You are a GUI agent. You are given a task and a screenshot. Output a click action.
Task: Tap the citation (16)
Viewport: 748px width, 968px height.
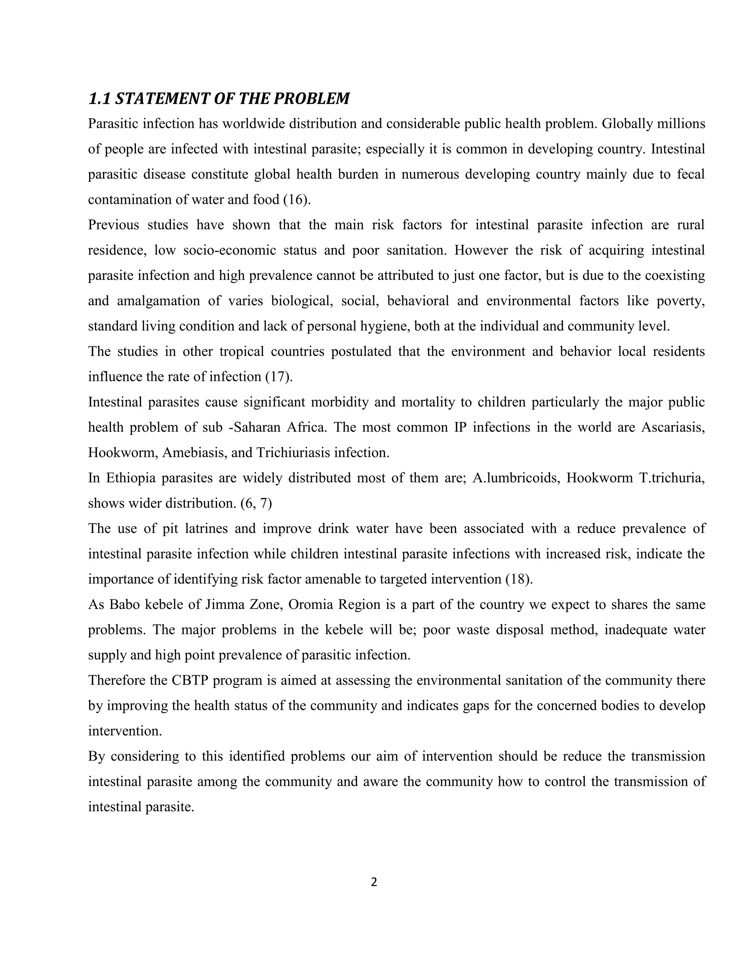[297, 199]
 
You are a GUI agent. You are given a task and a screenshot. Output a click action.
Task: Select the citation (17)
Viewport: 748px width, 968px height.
[279, 377]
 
